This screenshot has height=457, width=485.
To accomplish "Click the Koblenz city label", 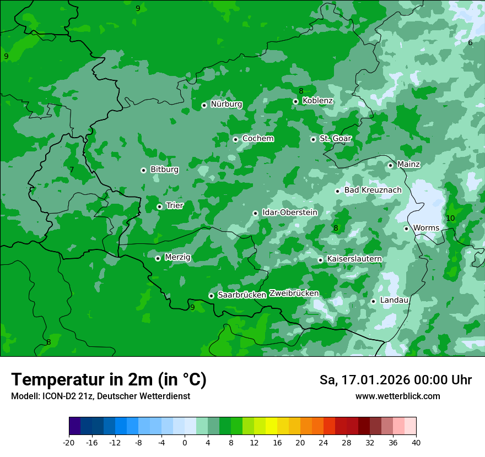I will [318, 101].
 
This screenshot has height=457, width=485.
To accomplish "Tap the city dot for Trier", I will [160, 206].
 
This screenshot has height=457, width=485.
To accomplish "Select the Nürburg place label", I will [227, 104].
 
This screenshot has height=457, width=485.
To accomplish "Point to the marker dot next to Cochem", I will [236, 139].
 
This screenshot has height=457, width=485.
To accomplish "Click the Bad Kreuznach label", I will [373, 191].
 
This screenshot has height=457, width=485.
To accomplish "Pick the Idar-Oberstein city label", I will [290, 213].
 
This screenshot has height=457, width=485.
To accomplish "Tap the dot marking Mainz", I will [391, 165].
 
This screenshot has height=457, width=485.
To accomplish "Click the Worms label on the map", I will [426, 228].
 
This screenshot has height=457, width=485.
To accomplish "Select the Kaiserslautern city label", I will [354, 259].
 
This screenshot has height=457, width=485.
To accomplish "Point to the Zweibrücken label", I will [294, 293].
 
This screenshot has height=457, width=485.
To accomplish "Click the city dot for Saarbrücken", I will [211, 296].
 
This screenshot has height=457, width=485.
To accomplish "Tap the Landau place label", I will [395, 301].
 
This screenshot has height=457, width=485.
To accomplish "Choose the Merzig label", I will [177, 257].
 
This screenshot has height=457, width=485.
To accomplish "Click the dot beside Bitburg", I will [144, 170].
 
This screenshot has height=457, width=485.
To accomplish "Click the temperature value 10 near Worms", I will [450, 219].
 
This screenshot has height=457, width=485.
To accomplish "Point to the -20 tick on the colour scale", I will [69, 442].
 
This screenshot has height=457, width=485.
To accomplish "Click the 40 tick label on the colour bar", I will [416, 442].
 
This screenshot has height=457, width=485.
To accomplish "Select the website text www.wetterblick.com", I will [398, 396].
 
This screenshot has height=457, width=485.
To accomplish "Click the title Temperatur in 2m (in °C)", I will [109, 380].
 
